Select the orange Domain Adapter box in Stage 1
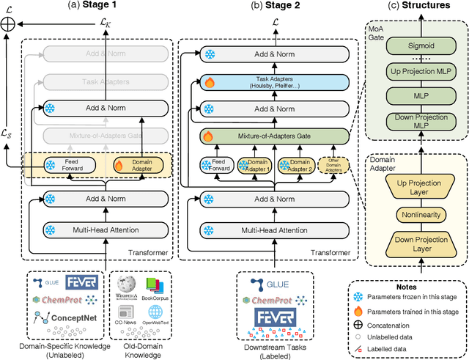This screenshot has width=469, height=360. click(x=139, y=166)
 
